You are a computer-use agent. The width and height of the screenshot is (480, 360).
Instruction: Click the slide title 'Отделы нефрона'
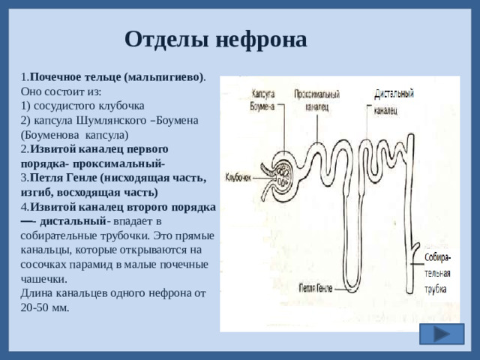[215, 39]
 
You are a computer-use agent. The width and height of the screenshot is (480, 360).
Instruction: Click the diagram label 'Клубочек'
[239, 177]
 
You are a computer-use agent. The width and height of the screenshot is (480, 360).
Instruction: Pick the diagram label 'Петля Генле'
[315, 287]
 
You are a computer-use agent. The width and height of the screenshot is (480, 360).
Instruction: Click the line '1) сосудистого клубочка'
[82, 106]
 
